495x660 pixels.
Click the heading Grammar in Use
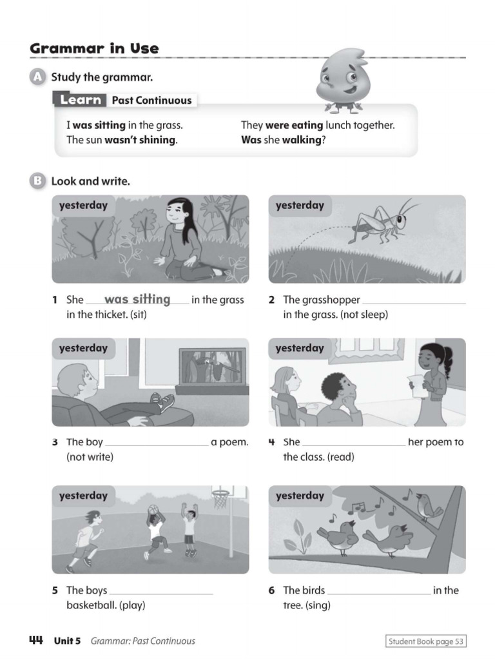(x=94, y=49)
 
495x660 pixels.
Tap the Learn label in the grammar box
(x=81, y=100)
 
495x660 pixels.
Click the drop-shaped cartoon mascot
(x=340, y=80)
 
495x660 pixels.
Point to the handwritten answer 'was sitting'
(x=137, y=300)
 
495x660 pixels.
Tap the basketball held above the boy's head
(x=153, y=510)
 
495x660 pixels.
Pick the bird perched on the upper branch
(x=427, y=506)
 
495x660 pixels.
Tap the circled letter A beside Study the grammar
(x=37, y=77)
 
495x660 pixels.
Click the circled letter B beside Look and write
(x=37, y=181)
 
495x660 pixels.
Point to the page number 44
(x=36, y=640)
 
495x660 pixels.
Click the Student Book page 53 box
(x=425, y=641)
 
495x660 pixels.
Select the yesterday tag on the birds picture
(x=300, y=496)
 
